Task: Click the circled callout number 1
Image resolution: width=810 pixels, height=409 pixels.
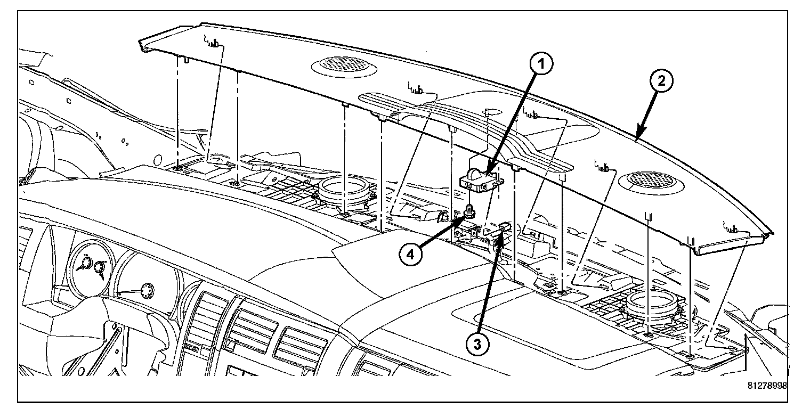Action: tap(540, 66)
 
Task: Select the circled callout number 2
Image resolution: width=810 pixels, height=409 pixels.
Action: tap(660, 82)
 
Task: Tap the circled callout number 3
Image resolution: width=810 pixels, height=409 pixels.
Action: tap(477, 343)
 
